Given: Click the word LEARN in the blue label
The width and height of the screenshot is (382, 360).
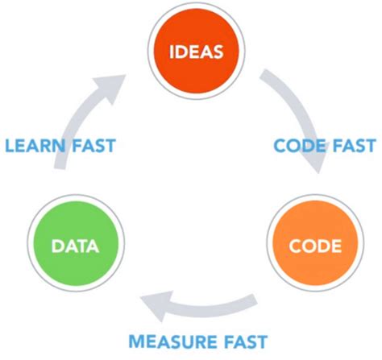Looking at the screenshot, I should (x=37, y=146).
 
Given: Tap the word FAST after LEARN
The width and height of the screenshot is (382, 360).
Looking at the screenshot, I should (x=93, y=146).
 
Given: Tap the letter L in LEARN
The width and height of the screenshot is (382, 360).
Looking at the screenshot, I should (x=10, y=146).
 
